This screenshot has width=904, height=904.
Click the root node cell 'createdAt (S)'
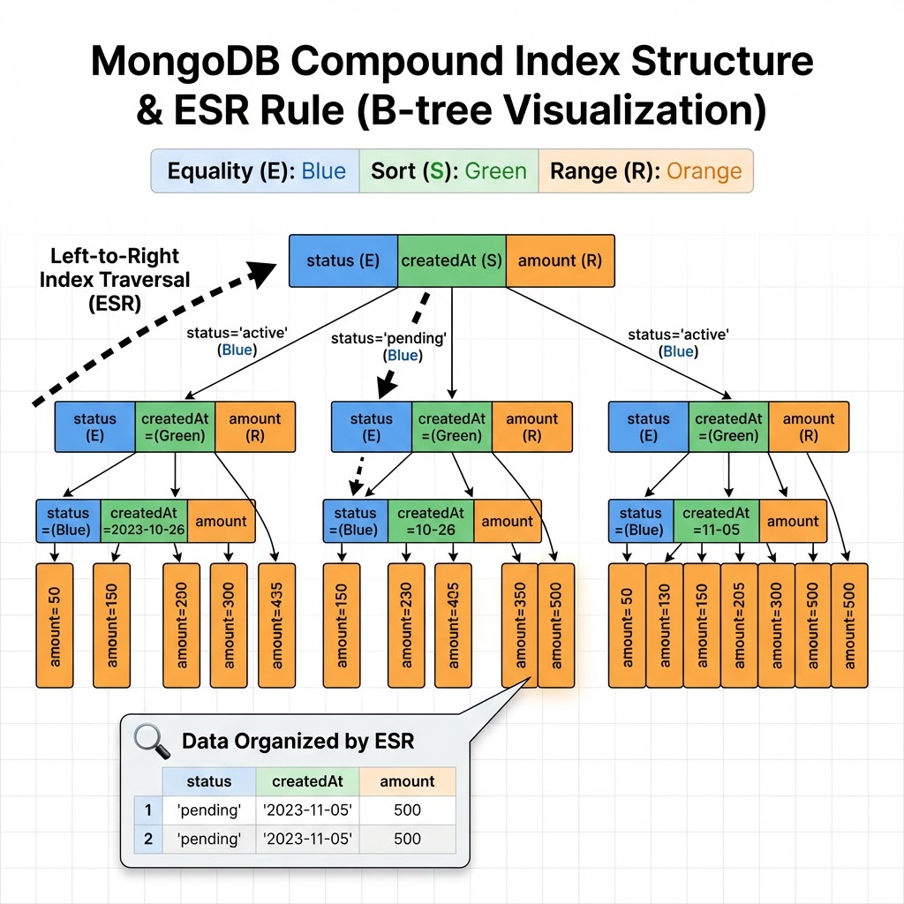451,260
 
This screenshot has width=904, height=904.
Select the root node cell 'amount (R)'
560,260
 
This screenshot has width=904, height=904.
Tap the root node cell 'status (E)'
343,260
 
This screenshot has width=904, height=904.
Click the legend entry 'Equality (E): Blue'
256,170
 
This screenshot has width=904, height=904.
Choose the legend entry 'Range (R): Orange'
645,170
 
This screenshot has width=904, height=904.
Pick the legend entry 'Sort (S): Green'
448,170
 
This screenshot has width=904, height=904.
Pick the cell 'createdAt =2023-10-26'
144,521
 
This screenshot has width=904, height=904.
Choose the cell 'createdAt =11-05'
716,521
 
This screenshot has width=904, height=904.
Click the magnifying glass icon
152,740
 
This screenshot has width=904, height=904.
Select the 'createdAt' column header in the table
307,781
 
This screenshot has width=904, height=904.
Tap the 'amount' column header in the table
407,781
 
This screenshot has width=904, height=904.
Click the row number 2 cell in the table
147,839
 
